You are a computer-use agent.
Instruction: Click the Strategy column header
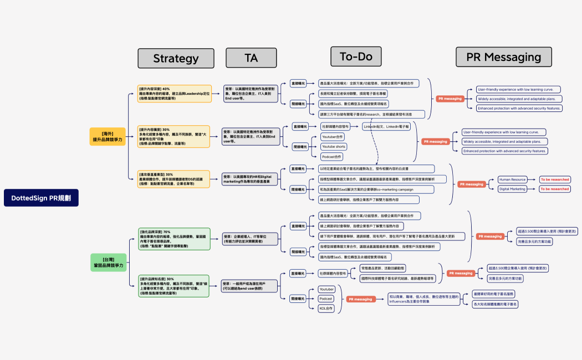(x=176, y=58)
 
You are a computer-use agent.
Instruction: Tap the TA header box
(x=251, y=58)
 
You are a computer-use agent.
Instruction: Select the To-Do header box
(x=356, y=56)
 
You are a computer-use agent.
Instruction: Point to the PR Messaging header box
(x=503, y=57)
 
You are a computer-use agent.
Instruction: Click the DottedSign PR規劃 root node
(x=41, y=198)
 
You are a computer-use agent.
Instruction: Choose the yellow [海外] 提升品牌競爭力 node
(x=108, y=137)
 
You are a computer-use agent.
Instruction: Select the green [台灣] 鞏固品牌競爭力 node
(x=108, y=263)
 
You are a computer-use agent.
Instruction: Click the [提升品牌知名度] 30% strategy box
(x=174, y=286)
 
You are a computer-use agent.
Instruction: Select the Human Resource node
(x=512, y=179)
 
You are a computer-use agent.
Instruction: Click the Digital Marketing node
(x=512, y=189)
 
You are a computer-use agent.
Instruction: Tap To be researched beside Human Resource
(x=555, y=179)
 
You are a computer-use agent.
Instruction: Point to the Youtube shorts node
(x=333, y=147)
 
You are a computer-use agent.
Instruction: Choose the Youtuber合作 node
(x=333, y=137)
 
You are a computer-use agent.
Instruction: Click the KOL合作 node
(x=326, y=308)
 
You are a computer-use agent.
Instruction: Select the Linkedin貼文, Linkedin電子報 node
(x=386, y=126)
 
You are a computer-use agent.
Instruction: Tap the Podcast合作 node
(x=332, y=157)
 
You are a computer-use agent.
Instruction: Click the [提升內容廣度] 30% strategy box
(x=175, y=136)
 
